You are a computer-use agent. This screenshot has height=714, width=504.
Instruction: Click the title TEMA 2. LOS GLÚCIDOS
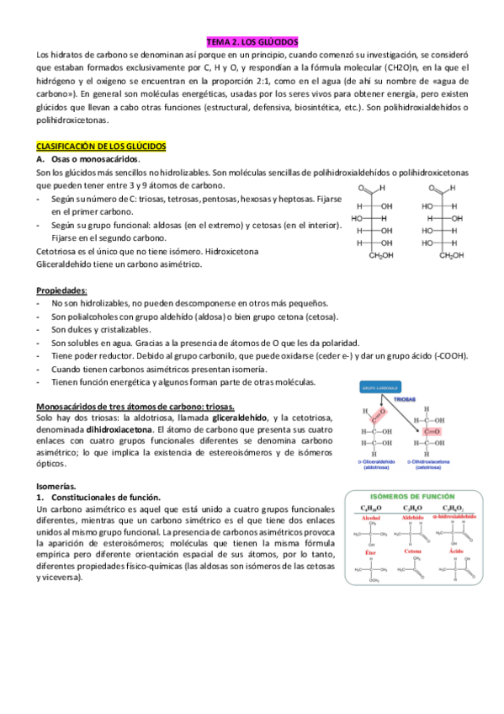252,40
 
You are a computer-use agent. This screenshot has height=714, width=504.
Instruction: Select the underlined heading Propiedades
64,290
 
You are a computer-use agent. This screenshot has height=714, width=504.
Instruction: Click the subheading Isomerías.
56,487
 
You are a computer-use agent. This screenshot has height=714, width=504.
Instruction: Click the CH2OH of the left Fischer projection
381,256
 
